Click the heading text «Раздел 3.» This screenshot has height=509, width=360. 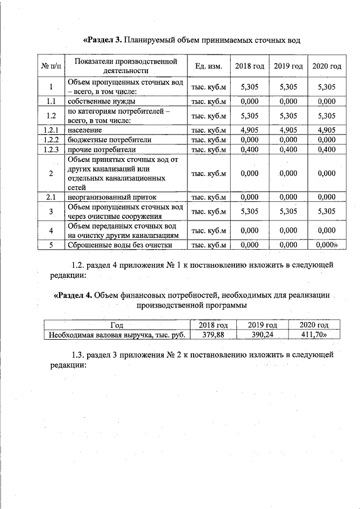(x=103, y=40)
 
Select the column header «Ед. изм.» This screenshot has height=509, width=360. (x=209, y=66)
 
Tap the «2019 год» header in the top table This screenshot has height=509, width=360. (x=289, y=66)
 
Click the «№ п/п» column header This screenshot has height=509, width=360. (x=51, y=66)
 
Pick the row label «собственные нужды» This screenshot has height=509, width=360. (x=101, y=102)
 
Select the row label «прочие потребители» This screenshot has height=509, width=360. (x=101, y=150)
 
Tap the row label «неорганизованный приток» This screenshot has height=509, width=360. (x=112, y=197)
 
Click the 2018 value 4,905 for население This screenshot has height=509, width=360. (x=249, y=130)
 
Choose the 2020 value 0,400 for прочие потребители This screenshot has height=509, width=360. (x=326, y=150)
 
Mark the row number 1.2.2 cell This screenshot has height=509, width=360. (x=51, y=139)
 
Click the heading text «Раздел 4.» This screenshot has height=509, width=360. (x=73, y=295)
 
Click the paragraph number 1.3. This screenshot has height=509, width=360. (x=78, y=354)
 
